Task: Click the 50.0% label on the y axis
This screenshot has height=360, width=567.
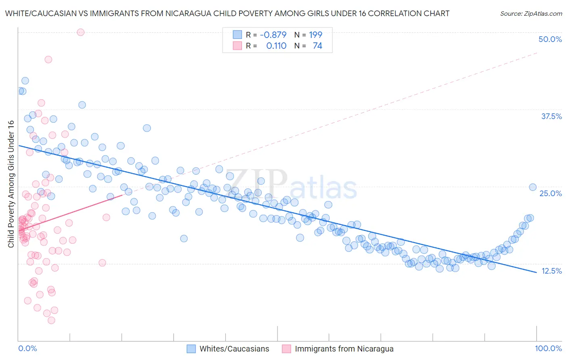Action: tap(550, 39)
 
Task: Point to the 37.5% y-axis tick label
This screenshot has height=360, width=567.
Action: tap(551, 116)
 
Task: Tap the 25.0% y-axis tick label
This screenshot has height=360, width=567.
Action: tap(550, 193)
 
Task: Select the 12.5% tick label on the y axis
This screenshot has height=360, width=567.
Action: tap(551, 271)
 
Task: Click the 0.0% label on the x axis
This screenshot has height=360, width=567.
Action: tap(27, 348)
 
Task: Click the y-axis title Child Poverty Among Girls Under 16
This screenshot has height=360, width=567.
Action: tap(11, 184)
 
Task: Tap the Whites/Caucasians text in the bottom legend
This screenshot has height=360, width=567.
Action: tap(234, 349)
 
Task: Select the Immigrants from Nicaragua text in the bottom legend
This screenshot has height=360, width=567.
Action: tap(344, 349)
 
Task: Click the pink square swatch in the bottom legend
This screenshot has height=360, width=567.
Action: tap(286, 349)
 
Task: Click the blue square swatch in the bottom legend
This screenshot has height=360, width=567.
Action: tap(191, 349)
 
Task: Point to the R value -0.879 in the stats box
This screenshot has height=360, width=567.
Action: tap(273, 35)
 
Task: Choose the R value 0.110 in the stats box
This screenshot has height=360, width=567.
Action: tap(276, 46)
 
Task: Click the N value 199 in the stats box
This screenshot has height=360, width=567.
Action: tap(315, 35)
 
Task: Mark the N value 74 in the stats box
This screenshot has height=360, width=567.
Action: tap(317, 46)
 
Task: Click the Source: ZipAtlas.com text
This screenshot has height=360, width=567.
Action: tap(531, 13)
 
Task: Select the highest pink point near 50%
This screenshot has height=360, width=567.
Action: tap(81, 32)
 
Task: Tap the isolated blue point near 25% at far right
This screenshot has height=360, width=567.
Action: tap(533, 187)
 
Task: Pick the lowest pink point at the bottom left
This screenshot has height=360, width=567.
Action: tap(51, 320)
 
